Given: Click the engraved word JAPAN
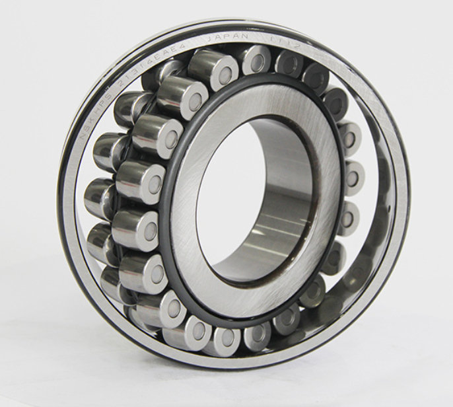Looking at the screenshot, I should pyautogui.click(x=228, y=40).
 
